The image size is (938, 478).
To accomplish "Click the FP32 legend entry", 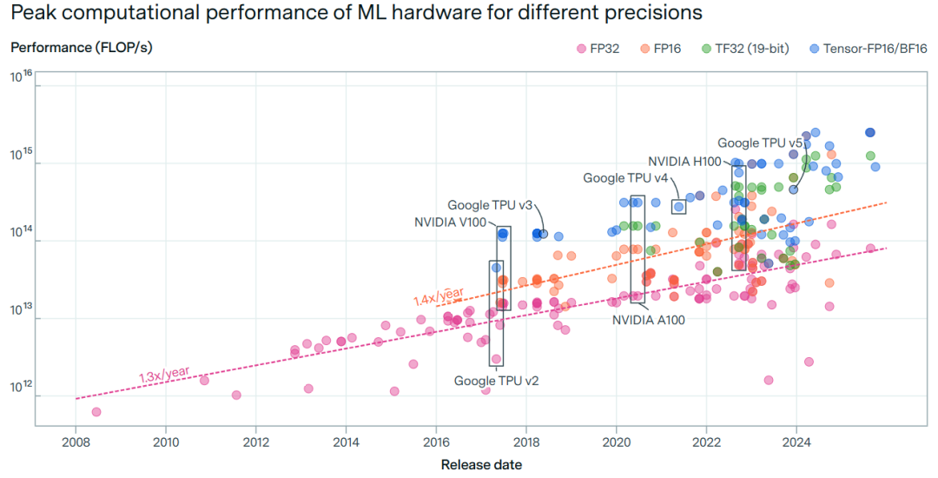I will tap(600, 48).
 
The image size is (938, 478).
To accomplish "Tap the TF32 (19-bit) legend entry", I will tap(751, 48).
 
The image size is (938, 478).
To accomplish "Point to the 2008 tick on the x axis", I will tap(76, 441).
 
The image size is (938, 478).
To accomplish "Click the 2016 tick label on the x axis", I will tap(436, 441).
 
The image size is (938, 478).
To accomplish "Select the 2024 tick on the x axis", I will tap(796, 441).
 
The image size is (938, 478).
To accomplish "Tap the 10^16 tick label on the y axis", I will tap(22, 77).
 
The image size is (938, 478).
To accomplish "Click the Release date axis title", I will tap(481, 464).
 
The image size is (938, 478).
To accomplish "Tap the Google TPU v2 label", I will tap(497, 381).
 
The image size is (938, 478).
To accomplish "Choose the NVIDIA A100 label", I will tap(649, 320).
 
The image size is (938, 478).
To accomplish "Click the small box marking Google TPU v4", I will tap(678, 206).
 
